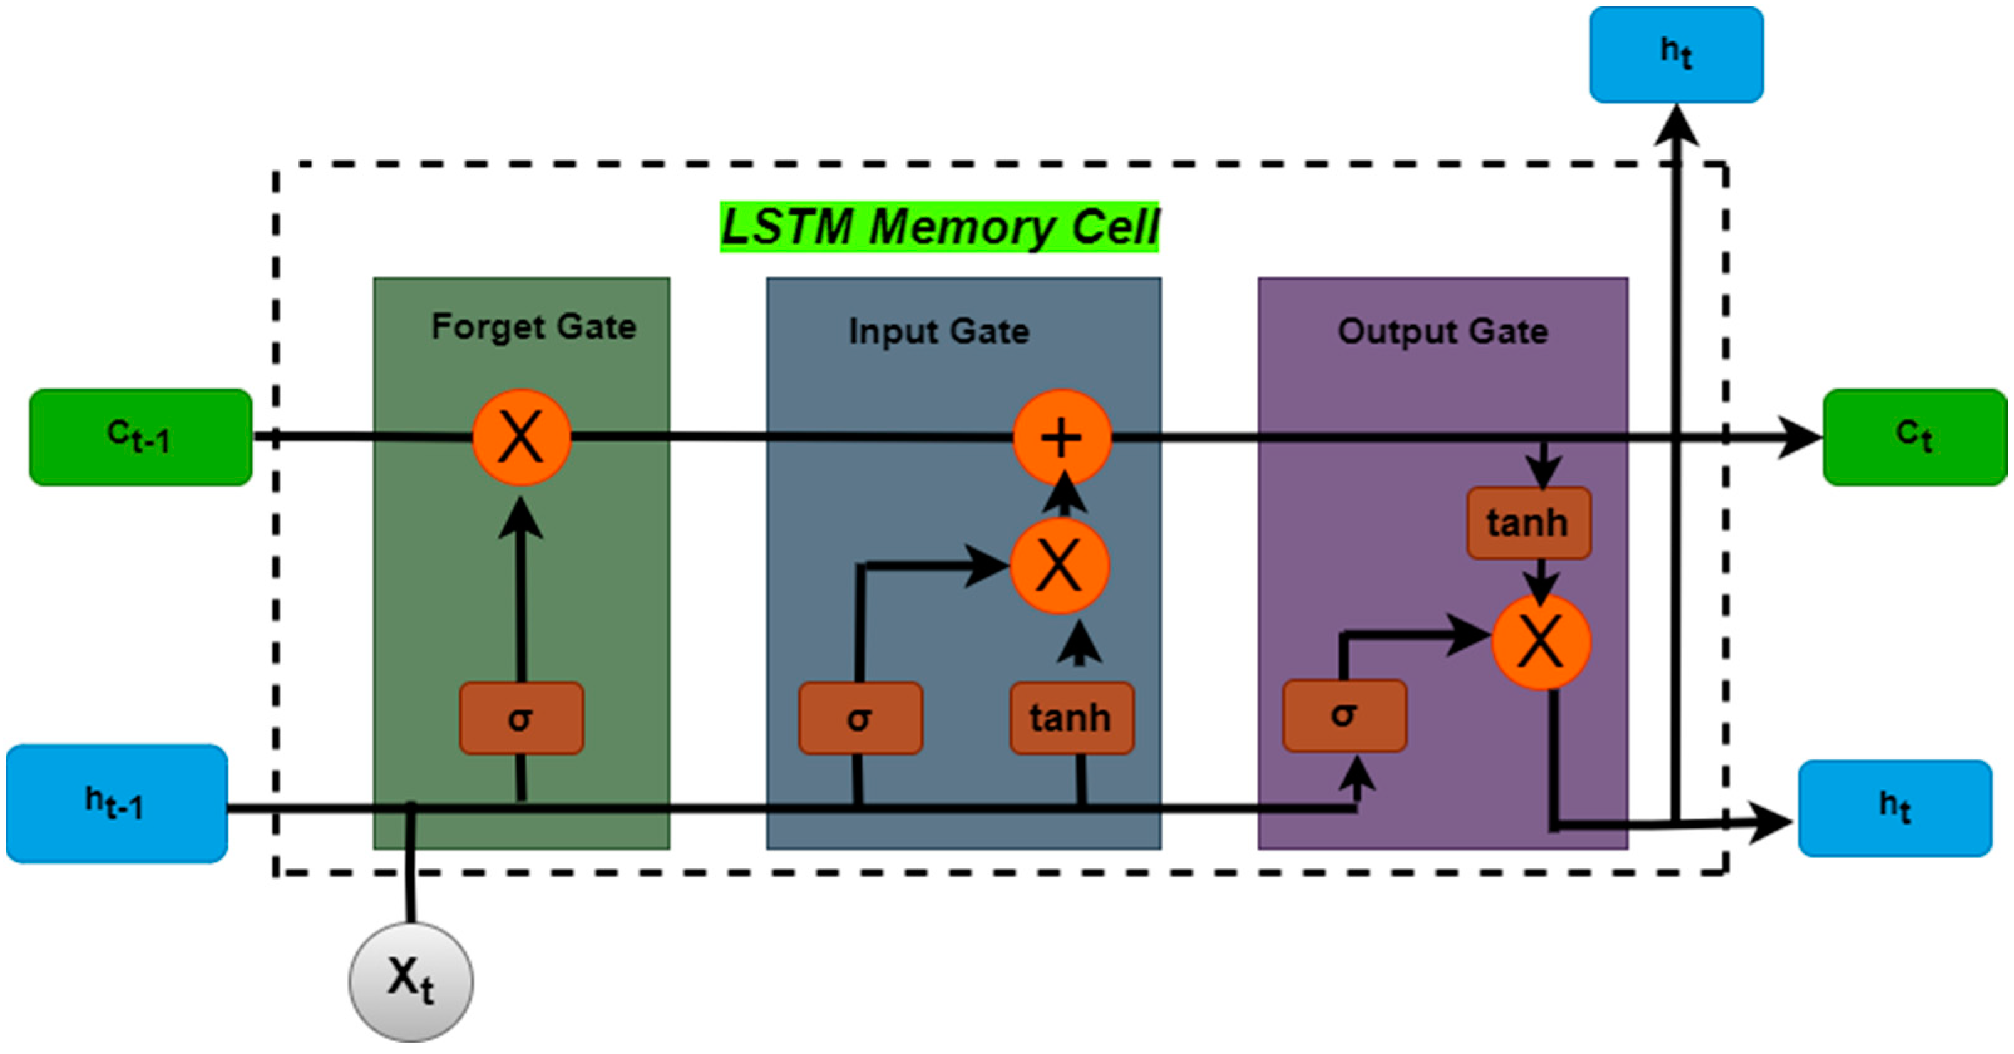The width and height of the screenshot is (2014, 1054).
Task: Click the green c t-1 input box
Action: click(x=140, y=437)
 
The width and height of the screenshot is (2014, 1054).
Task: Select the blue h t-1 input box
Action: click(x=117, y=803)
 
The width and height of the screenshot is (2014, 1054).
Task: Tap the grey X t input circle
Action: click(x=411, y=981)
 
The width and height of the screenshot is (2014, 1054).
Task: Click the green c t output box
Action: click(x=1915, y=437)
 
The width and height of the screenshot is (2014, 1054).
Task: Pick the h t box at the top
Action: click(x=1675, y=55)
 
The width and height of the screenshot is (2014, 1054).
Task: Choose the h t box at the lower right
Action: click(x=1894, y=808)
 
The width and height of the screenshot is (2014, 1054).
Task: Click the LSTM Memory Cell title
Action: click(x=939, y=228)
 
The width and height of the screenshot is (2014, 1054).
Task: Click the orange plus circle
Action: click(x=1062, y=437)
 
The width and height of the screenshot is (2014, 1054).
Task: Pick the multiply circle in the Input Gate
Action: click(x=1060, y=566)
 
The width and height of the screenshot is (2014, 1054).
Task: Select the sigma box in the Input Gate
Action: click(x=860, y=718)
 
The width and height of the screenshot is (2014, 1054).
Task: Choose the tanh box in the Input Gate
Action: click(x=1071, y=718)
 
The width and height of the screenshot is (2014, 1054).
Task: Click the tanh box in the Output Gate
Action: click(x=1529, y=522)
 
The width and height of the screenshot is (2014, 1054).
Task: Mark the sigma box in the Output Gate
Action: click(x=1344, y=715)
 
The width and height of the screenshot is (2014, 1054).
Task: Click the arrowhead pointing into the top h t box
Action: click(x=1676, y=125)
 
